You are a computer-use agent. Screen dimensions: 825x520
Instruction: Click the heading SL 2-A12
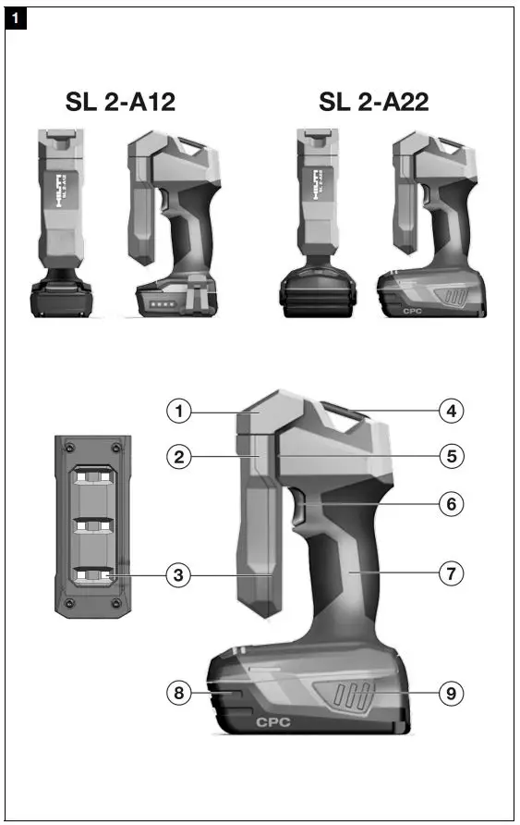point(120,102)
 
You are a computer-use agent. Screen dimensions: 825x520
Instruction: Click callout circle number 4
point(450,410)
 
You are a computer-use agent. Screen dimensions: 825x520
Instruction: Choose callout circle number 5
point(450,455)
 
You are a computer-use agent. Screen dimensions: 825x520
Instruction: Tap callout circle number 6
point(450,505)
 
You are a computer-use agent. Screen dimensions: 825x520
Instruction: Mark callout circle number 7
point(450,574)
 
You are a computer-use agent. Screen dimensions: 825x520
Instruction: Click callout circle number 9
point(450,691)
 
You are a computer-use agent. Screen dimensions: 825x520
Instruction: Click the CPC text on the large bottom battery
point(272,721)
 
